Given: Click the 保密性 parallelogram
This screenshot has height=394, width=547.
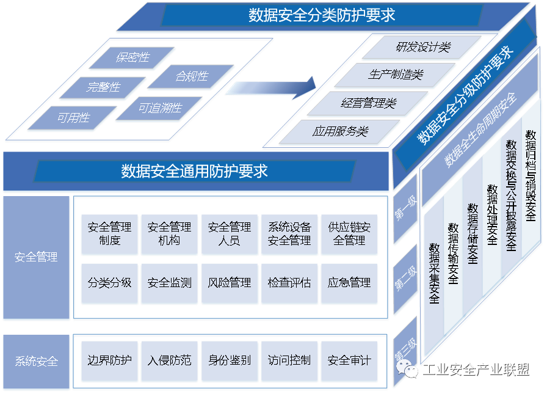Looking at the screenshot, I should pyautogui.click(x=132, y=57).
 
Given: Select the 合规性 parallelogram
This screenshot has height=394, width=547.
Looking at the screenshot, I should pyautogui.click(x=191, y=76).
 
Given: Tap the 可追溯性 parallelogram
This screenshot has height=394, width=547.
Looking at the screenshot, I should pyautogui.click(x=159, y=108).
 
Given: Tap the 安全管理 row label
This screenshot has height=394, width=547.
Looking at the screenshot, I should pyautogui.click(x=36, y=257).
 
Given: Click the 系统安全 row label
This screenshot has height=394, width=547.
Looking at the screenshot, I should pyautogui.click(x=36, y=361).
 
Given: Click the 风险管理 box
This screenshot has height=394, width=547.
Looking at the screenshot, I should pyautogui.click(x=230, y=283).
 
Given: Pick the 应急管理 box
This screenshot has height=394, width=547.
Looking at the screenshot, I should pyautogui.click(x=349, y=283).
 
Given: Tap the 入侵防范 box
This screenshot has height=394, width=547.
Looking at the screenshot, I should pyautogui.click(x=169, y=360).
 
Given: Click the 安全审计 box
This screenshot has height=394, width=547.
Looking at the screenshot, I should pyautogui.click(x=349, y=360).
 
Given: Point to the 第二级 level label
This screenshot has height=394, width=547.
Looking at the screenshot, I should pyautogui.click(x=405, y=279).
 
